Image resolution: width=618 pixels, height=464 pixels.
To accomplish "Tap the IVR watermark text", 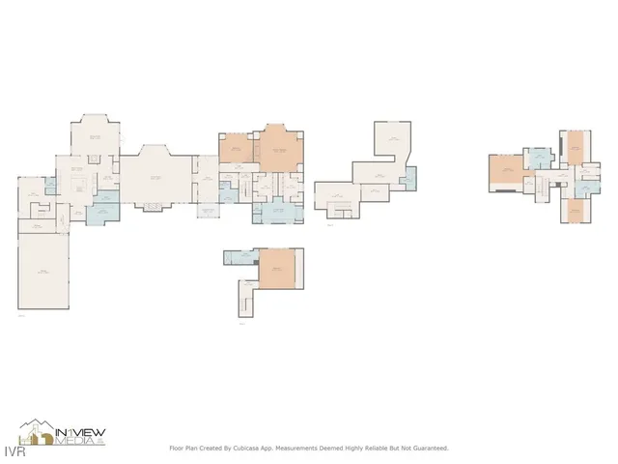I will coord(12,450).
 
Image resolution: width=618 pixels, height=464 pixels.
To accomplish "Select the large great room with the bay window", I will coord(154,177).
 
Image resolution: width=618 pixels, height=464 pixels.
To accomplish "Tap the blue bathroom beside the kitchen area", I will coord(100,209).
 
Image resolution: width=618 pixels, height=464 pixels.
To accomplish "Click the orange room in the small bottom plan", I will coord(278,268).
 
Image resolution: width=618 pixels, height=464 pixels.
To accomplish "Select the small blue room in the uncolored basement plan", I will coord(409,178).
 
